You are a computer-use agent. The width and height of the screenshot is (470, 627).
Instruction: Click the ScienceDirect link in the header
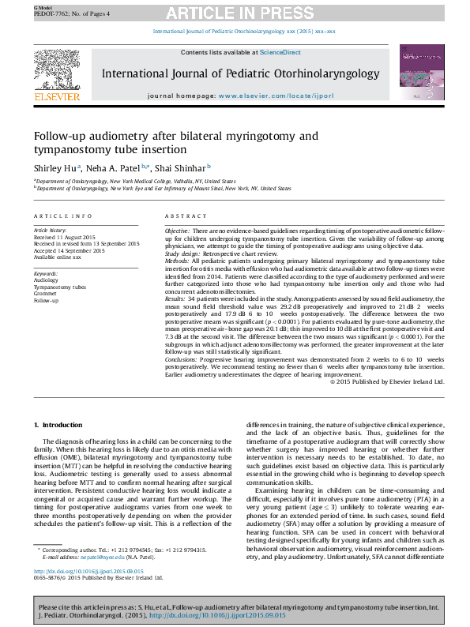pos(280,52)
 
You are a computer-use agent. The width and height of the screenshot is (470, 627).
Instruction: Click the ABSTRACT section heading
pos(186,216)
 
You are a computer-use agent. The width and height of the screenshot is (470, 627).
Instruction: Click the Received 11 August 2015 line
pos(65,235)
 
